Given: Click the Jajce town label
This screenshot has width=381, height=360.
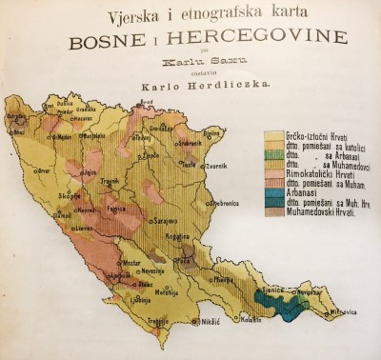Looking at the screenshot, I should (89, 173).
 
